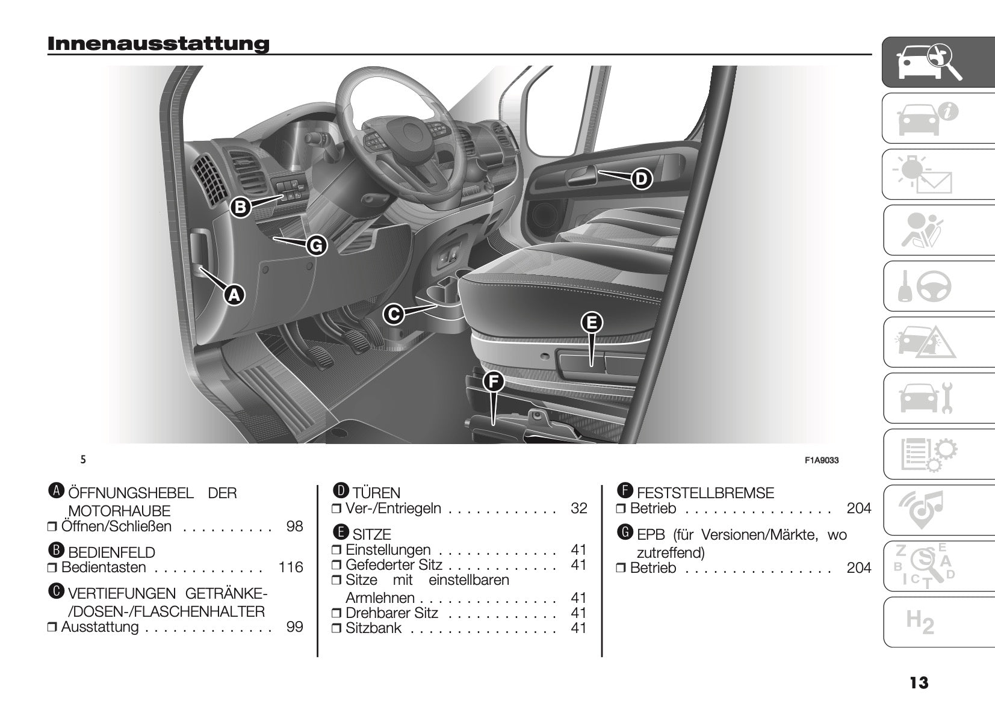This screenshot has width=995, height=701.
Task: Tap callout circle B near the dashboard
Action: pyautogui.click(x=240, y=208)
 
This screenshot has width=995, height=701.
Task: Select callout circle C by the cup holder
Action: pyautogui.click(x=394, y=314)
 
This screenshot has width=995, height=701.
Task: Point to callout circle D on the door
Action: pyautogui.click(x=642, y=179)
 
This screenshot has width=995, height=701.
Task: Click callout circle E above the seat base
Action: pyautogui.click(x=592, y=323)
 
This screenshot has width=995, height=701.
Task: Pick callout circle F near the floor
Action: pyautogui.click(x=493, y=381)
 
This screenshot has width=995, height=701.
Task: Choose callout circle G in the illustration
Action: pyautogui.click(x=317, y=246)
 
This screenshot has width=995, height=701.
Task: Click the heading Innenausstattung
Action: pyautogui.click(x=158, y=44)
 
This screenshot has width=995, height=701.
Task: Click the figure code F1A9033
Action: pyautogui.click(x=821, y=460)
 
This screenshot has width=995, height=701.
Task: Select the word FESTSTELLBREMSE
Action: pyautogui.click(x=705, y=493)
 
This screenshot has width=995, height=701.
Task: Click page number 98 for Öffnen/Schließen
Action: pyautogui.click(x=295, y=527)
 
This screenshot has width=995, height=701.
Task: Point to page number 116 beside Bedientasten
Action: pyautogui.click(x=291, y=567)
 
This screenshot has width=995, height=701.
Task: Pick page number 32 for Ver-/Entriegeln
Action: pyautogui.click(x=578, y=508)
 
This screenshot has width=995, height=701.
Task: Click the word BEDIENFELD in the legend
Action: pyautogui.click(x=111, y=552)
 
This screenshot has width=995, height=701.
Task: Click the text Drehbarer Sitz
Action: pyautogui.click(x=392, y=613)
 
